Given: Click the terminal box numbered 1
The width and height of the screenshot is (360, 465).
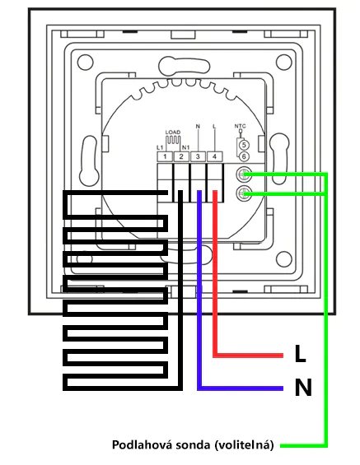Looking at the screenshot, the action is click(165, 156).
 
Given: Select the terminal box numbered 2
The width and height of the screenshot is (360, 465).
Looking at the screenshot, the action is click(181, 156).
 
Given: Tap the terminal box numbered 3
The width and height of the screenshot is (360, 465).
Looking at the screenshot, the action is click(198, 156).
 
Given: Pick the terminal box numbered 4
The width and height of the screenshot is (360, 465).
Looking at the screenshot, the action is click(214, 156).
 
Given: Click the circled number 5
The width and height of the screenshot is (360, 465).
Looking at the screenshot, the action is click(244, 145).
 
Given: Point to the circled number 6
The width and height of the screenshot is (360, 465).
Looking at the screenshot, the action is click(244, 156).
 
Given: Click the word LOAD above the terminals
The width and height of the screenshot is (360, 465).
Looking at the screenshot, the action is click(173, 133).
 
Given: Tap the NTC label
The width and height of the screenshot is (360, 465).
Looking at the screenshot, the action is click(240, 127).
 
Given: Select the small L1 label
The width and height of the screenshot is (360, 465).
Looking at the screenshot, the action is click(160, 147).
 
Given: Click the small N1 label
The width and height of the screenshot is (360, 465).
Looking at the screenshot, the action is click(186, 147).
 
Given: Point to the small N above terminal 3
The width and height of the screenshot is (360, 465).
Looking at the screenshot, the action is click(198, 127).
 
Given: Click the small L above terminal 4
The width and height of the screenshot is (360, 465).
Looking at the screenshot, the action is click(214, 127).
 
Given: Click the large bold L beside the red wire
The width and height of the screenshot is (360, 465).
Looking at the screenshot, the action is click(300, 354).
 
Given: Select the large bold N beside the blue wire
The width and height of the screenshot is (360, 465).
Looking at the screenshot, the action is click(303, 388).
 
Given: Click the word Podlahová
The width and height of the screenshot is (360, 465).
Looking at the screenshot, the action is click(143, 444).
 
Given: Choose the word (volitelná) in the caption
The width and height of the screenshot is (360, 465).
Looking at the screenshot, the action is click(243, 445).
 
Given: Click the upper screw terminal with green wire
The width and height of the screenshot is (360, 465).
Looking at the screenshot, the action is click(244, 174).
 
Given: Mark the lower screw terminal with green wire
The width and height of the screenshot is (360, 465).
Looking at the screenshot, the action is click(244, 193).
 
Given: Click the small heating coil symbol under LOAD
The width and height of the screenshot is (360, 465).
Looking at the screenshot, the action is click(173, 141).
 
